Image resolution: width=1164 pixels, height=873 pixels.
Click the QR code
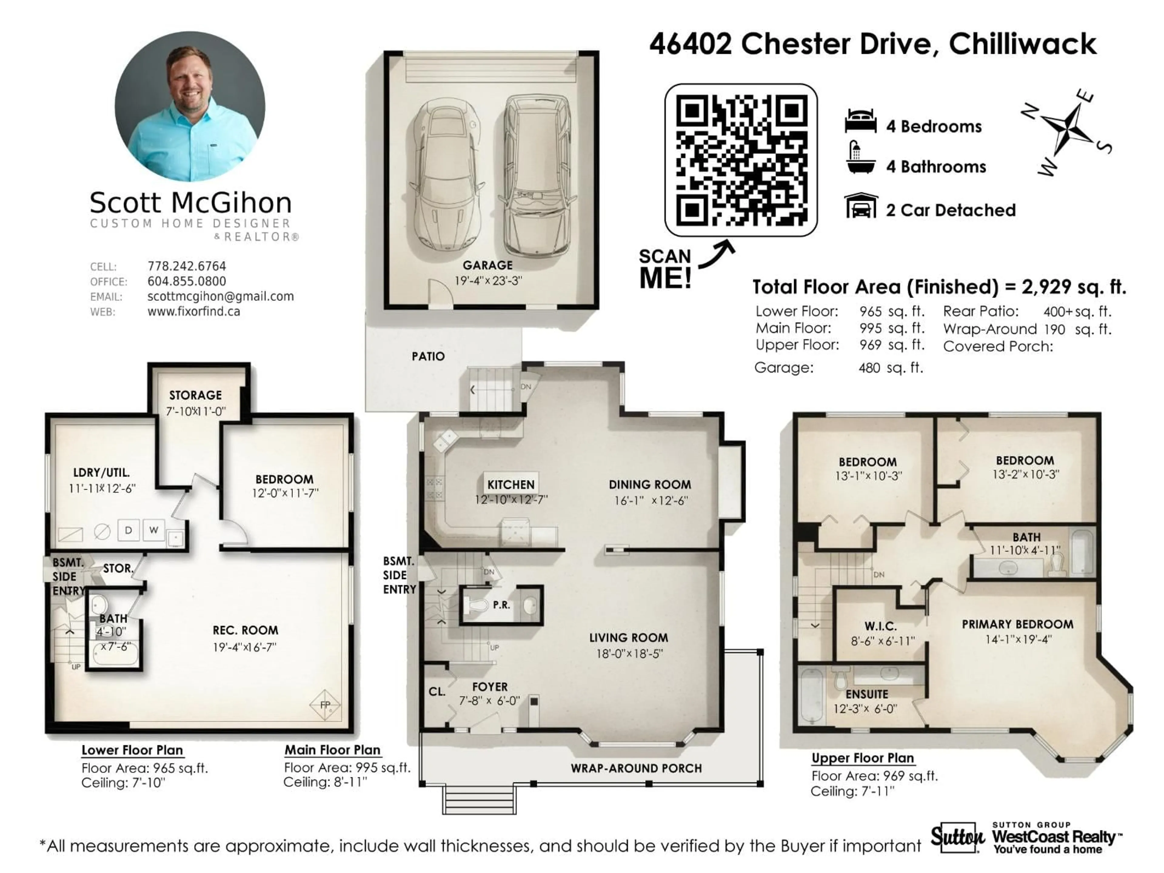[x=741, y=160]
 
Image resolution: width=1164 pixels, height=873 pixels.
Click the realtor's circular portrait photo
[x=190, y=107]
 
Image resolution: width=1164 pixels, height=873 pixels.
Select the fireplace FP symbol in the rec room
[x=325, y=704]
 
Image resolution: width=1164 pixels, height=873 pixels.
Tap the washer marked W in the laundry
[x=154, y=530]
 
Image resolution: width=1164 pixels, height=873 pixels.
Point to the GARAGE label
[x=487, y=265]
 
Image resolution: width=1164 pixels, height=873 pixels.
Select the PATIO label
[x=428, y=356]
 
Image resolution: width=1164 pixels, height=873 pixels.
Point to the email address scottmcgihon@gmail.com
[x=220, y=296]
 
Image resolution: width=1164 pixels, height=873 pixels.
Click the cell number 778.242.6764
[x=186, y=266]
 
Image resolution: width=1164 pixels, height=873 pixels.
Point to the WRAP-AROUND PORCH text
[x=636, y=768]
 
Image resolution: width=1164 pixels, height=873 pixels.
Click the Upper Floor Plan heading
[x=862, y=758]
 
